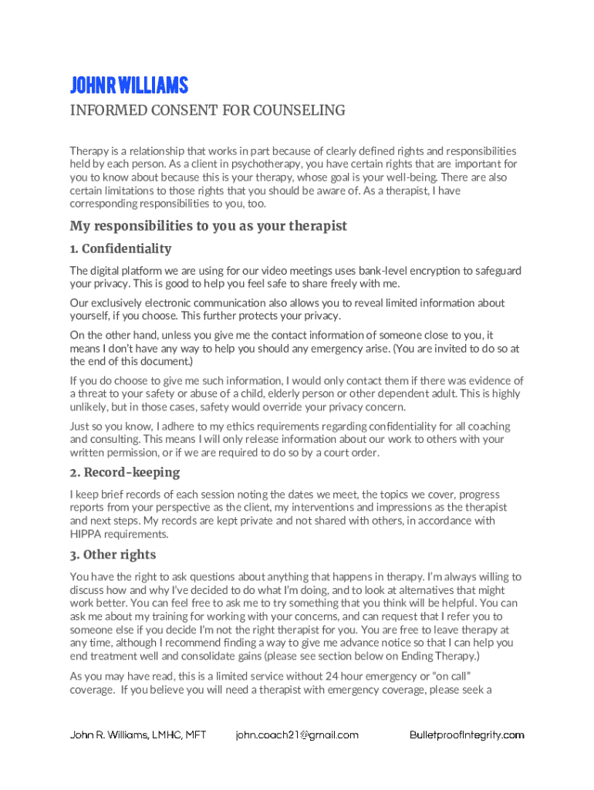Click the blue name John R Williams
click(x=129, y=85)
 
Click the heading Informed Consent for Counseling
click(x=208, y=111)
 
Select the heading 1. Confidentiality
click(x=121, y=248)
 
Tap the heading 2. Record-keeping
click(x=125, y=471)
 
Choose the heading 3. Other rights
click(x=113, y=555)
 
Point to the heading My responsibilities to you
click(x=208, y=226)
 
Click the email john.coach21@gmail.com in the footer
click(x=298, y=735)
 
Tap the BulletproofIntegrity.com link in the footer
click(x=467, y=735)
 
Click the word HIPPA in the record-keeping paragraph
click(x=86, y=534)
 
